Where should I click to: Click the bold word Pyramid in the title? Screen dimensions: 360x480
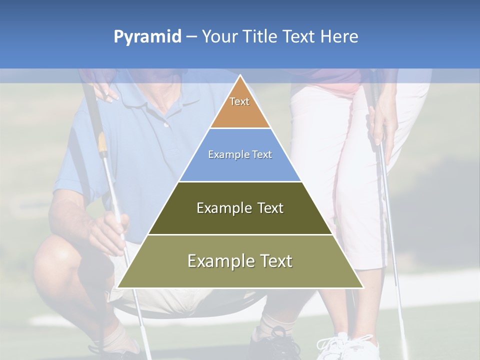pyautogui.click(x=147, y=36)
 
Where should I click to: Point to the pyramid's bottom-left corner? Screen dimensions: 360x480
pyautogui.click(x=118, y=287)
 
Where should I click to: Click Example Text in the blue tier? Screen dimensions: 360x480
pyautogui.click(x=240, y=154)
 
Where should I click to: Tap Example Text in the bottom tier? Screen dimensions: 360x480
pyautogui.click(x=240, y=261)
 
